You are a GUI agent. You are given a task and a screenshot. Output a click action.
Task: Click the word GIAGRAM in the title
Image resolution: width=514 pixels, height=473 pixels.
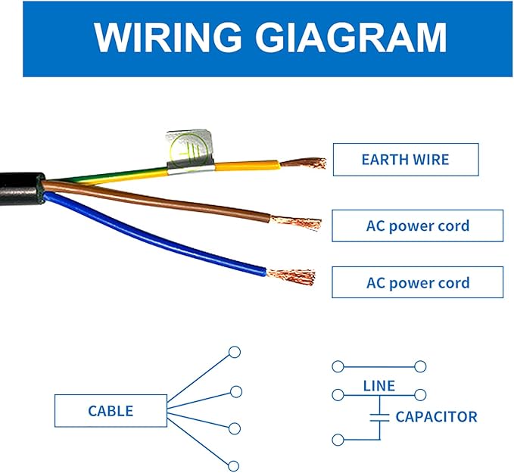345,38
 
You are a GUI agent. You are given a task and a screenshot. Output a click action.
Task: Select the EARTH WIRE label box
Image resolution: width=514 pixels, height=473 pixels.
405,160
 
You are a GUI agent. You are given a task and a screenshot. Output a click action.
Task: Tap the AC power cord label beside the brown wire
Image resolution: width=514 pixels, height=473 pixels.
417,226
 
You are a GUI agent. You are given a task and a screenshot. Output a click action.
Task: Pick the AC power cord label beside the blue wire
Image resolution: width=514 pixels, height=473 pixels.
417,283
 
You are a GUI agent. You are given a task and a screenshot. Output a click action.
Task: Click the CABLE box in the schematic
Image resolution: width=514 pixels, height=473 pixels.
111,411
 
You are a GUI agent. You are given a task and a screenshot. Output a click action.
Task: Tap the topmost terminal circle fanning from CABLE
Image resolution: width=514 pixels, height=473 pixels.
235,352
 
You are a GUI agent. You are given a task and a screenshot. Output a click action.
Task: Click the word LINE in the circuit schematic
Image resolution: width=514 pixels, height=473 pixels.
378,386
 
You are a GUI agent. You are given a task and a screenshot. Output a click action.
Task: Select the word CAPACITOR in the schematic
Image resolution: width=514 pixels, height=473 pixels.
436,417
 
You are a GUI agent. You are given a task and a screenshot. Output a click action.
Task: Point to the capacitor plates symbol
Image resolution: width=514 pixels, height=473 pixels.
378,416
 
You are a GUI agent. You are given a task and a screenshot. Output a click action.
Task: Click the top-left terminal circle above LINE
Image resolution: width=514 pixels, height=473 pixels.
338,366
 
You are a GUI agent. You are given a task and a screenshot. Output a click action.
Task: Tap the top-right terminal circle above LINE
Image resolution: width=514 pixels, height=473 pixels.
421,366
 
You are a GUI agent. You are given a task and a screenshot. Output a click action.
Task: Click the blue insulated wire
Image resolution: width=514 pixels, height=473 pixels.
151,234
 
